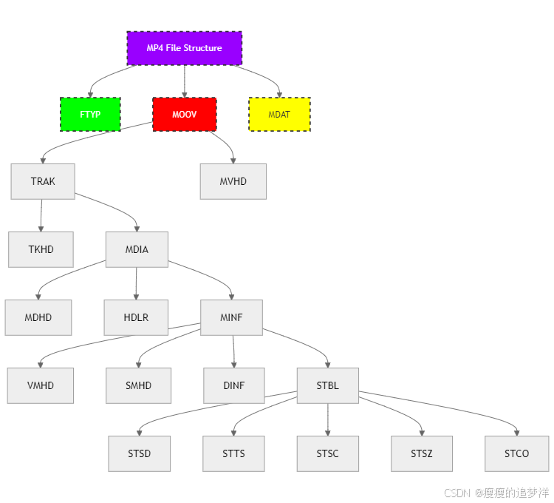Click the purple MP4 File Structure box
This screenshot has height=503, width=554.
pos(184,48)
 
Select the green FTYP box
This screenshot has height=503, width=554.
pos(90,115)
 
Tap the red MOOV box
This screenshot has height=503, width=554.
pos(184,115)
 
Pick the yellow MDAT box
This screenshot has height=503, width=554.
pos(279,115)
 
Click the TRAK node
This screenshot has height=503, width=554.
pos(43,181)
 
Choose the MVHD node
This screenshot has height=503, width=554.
pos(233,181)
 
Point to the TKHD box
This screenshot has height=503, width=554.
pos(41,249)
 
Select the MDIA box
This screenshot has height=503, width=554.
pos(137,249)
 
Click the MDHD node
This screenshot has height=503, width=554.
pos(38,317)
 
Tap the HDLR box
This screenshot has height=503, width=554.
pos(136,317)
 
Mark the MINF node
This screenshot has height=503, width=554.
pos(231,317)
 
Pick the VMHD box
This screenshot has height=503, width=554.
pos(41,385)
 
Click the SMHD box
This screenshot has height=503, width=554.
pos(139,385)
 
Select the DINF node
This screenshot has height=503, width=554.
pos(233,385)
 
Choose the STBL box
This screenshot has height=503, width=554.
pos(328,385)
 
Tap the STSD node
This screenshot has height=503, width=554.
pos(140,453)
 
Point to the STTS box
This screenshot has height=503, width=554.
pos(233,453)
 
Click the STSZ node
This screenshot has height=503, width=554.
pos(422,453)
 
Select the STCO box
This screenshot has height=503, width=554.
pos(517,453)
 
